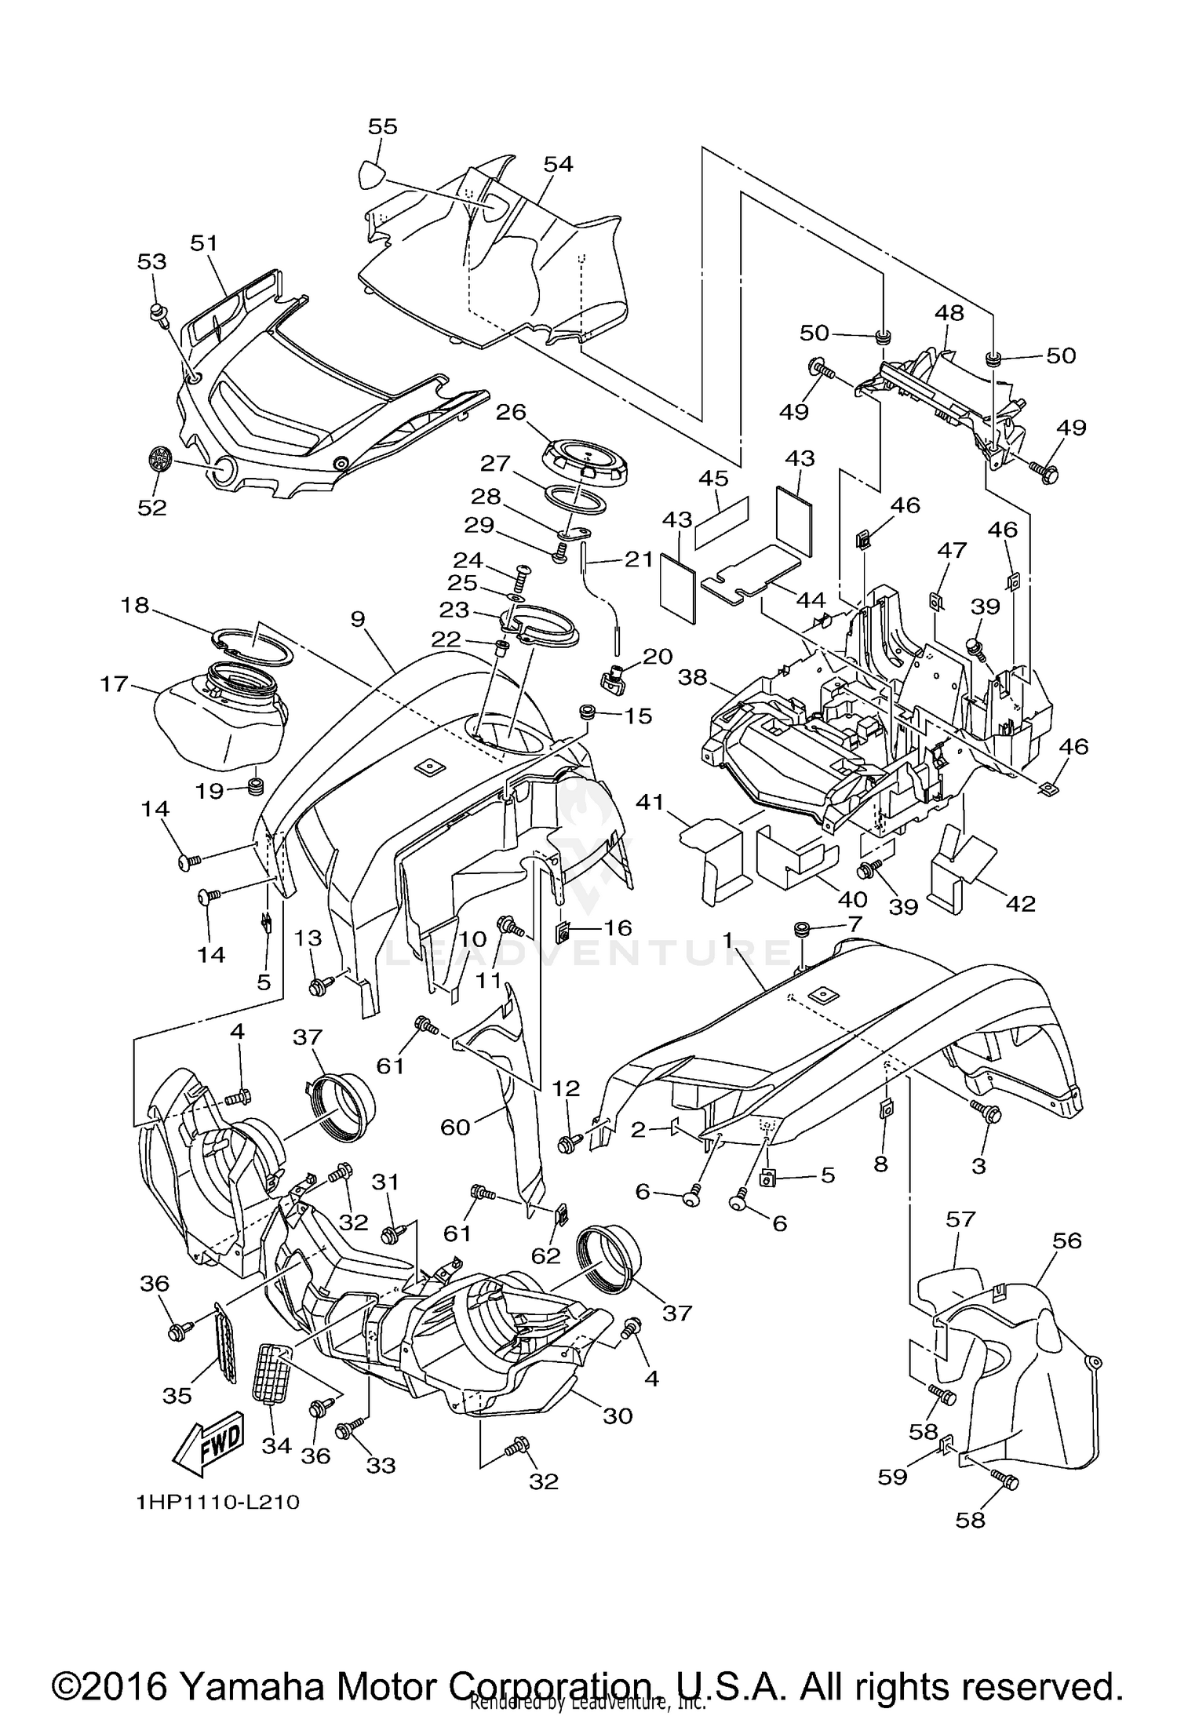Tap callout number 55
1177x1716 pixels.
click(383, 126)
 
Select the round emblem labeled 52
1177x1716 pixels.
click(160, 459)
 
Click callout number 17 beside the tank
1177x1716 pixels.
click(115, 683)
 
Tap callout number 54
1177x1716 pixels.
click(558, 164)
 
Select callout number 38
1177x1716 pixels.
click(692, 676)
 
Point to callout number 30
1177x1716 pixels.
click(618, 1415)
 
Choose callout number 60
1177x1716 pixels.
click(455, 1127)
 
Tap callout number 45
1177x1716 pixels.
click(713, 478)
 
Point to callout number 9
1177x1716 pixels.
click(358, 619)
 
